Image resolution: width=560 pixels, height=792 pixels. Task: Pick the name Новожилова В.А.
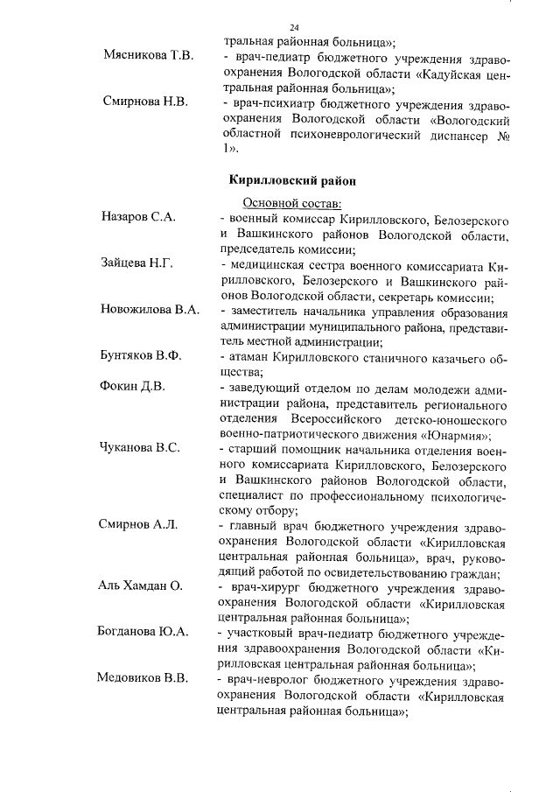[150, 310]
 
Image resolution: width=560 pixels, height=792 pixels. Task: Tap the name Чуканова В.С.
[141, 449]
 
